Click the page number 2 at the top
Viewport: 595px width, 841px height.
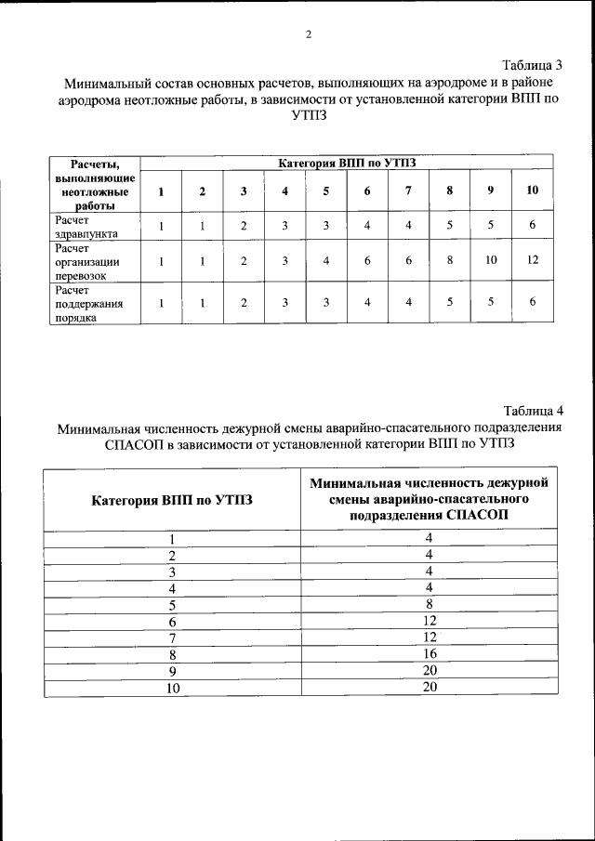pos(308,35)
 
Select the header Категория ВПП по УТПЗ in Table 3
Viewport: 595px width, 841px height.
pos(347,163)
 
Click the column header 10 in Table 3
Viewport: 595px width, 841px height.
pos(533,191)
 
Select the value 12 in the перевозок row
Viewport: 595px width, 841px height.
pos(533,261)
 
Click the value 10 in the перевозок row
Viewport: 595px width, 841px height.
pos(491,261)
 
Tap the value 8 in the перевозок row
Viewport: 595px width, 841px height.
pos(450,261)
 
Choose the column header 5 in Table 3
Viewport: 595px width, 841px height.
pos(325,191)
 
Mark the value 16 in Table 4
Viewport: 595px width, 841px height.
pos(430,653)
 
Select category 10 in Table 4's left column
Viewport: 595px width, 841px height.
pos(171,688)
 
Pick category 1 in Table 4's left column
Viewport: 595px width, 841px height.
pos(171,539)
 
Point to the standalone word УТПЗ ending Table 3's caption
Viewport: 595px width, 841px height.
pos(309,115)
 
